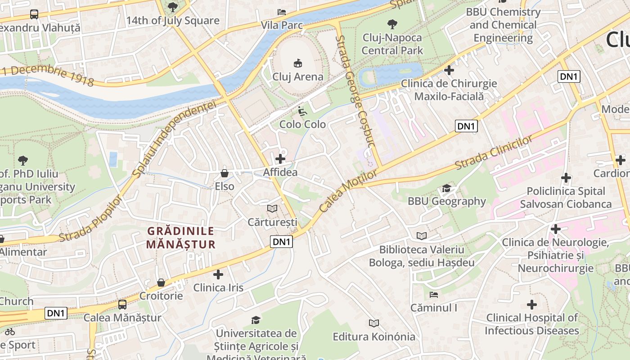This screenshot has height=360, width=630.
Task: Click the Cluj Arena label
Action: pyautogui.click(x=297, y=76)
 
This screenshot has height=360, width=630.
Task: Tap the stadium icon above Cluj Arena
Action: pyautogui.click(x=297, y=63)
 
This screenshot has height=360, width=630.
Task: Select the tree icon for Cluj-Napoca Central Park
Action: pyautogui.click(x=392, y=24)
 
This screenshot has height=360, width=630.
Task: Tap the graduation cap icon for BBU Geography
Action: pyautogui.click(x=446, y=188)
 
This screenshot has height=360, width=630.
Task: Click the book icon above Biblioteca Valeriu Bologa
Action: pyautogui.click(x=422, y=236)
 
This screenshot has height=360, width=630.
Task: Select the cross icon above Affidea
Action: pyautogui.click(x=280, y=158)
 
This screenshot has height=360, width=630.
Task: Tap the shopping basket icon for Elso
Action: pyautogui.click(x=225, y=173)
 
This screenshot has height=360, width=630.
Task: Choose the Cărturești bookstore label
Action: pyautogui.click(x=272, y=222)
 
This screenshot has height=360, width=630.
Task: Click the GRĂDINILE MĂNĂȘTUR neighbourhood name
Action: pyautogui.click(x=181, y=238)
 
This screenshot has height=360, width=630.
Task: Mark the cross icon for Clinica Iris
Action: pyautogui.click(x=218, y=274)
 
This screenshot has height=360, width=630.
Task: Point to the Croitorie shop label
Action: pyautogui.click(x=161, y=296)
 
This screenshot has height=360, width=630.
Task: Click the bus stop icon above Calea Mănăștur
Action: pyautogui.click(x=122, y=304)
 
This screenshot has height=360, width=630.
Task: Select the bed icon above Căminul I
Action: pyautogui.click(x=434, y=295)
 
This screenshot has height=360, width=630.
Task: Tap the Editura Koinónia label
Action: pyautogui.click(x=373, y=337)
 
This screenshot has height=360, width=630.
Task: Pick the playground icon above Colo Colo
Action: pyautogui.click(x=302, y=111)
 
